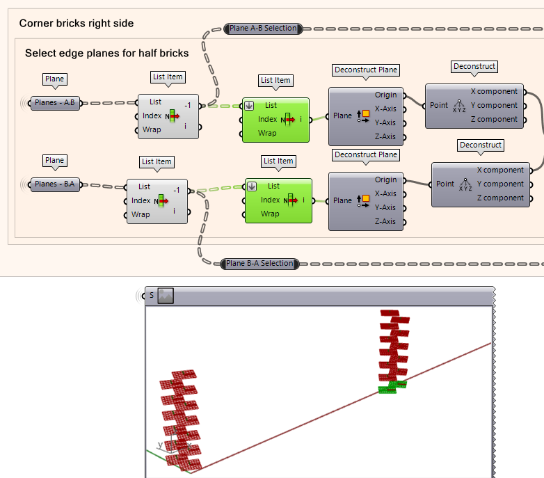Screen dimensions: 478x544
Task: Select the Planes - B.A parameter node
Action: tap(55, 184)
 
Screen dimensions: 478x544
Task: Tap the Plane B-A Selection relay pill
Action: tap(259, 264)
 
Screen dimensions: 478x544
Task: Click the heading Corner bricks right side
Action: tap(77, 24)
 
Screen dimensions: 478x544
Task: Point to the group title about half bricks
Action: tap(106, 54)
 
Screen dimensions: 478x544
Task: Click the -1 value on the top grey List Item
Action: tap(188, 105)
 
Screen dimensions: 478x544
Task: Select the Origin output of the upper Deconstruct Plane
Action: tap(385, 95)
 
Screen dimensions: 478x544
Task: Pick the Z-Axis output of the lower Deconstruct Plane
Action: tap(385, 221)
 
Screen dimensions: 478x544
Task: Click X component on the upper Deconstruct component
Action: tap(494, 91)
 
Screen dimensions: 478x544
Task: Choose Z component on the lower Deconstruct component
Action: tap(500, 198)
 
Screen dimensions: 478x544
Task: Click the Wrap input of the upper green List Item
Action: tap(267, 133)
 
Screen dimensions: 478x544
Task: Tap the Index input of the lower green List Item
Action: tap(270, 200)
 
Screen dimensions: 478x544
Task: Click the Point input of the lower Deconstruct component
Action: tap(445, 184)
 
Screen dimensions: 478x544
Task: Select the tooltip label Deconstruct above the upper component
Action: tap(474, 67)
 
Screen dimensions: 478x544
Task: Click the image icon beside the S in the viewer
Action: tap(165, 296)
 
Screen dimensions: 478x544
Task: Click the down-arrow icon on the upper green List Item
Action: tap(249, 106)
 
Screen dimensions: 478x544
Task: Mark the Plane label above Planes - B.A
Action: tap(54, 161)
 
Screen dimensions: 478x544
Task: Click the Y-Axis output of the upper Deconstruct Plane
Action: tap(385, 122)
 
